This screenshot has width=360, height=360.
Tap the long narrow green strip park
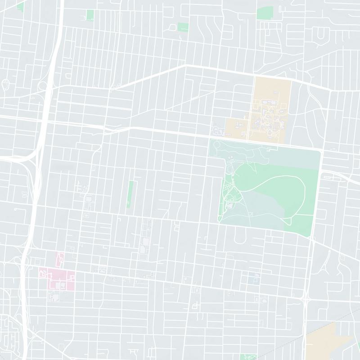coord(130,193)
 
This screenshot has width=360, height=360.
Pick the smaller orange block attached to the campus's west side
coord(235,127)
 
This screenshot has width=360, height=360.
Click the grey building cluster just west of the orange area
coord(218,130)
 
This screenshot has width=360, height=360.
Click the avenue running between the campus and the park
coord(270,141)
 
